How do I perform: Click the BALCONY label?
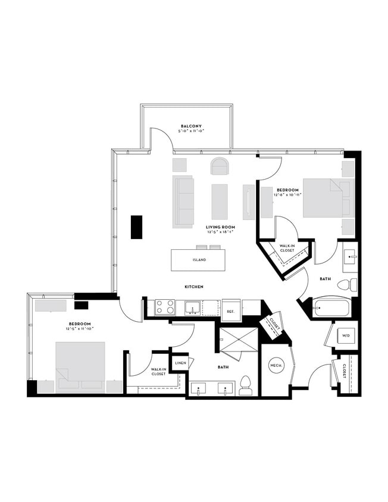click(192, 126)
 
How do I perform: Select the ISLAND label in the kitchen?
click(199, 260)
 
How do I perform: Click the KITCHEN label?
click(194, 287)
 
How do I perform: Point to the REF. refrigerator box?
click(231, 310)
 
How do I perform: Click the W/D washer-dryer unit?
click(345, 336)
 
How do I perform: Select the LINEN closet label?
click(180, 362)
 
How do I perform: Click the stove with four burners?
click(165, 307)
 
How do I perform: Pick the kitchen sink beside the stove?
click(192, 308)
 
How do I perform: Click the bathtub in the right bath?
click(333, 308)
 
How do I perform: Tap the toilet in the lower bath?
click(246, 385)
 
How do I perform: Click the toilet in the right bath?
click(348, 285)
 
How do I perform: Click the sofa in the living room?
click(183, 201)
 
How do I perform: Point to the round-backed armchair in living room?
click(219, 166)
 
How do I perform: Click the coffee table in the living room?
click(219, 201)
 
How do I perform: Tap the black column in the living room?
click(136, 227)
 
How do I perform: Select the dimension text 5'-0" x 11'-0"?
click(192, 131)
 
